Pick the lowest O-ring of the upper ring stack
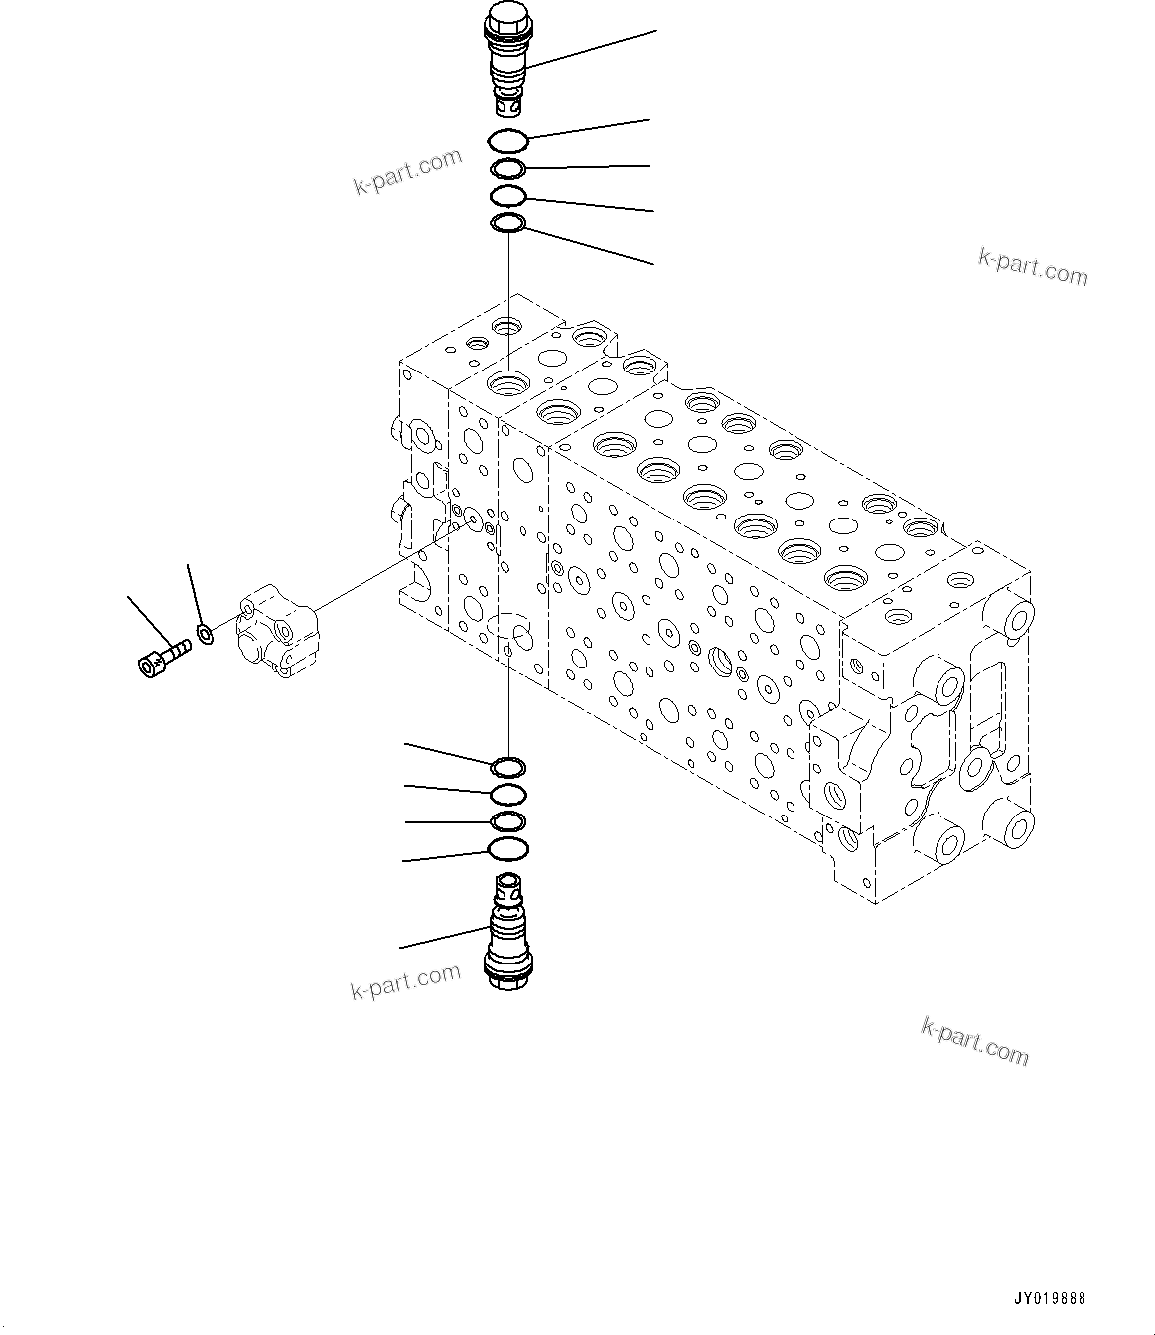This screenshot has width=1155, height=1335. (x=508, y=225)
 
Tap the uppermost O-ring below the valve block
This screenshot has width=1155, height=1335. (x=508, y=766)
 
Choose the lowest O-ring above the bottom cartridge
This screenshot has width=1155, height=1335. (x=508, y=848)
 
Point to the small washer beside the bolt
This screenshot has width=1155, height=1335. (x=205, y=632)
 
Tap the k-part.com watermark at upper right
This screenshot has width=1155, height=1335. (x=1032, y=265)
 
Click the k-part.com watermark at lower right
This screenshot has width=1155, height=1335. (x=974, y=1040)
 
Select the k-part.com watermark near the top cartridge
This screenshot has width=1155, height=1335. (x=408, y=171)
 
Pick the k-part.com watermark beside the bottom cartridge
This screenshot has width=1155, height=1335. (x=405, y=982)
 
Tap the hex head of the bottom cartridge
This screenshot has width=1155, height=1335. (x=506, y=977)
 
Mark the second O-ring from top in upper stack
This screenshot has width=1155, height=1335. (x=508, y=169)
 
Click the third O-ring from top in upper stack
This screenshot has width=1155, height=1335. (x=508, y=196)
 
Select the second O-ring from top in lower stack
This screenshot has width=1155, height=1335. (x=508, y=793)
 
